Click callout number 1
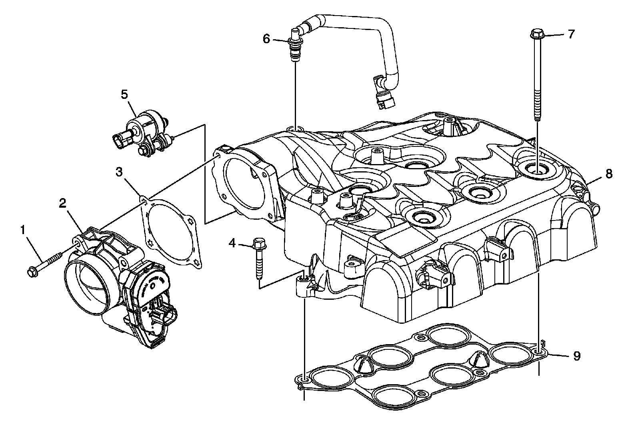[23, 230]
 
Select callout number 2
[62, 203]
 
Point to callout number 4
[232, 243]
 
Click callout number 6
[266, 39]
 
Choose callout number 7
[571, 34]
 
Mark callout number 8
[609, 173]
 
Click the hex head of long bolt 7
[535, 34]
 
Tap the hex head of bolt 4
[258, 243]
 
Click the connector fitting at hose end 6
[295, 50]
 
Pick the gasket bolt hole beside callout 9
[540, 352]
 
